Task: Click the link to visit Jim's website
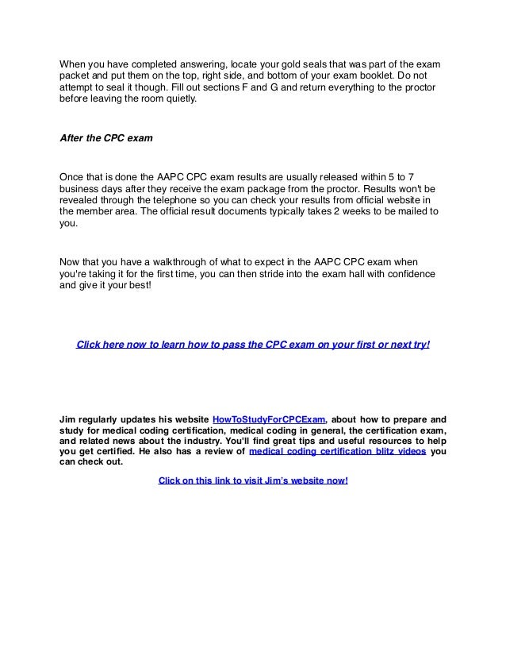(x=253, y=480)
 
